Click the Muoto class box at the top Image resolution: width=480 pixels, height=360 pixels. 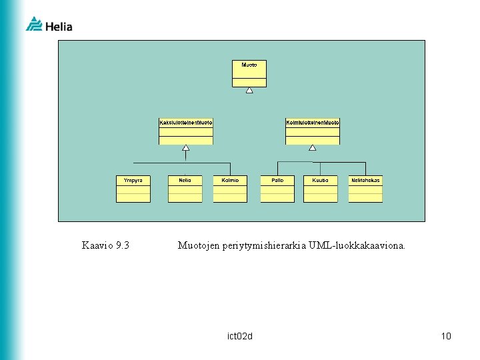249,73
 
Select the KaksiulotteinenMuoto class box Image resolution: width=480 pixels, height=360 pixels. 186,131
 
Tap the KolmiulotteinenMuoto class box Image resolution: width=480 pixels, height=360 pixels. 313,131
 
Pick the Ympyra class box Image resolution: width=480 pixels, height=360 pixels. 133,189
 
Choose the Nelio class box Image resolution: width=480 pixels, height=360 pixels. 185,189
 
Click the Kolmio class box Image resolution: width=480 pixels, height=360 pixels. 230,189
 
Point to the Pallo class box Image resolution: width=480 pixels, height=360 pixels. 277,189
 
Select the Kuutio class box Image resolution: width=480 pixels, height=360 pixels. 321,189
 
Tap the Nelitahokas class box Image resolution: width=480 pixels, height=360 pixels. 365,189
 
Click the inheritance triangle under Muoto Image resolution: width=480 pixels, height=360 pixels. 249,90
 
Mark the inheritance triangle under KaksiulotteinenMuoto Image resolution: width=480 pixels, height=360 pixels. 186,148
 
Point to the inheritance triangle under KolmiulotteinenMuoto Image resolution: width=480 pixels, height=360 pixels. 313,148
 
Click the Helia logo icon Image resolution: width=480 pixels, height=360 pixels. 34,24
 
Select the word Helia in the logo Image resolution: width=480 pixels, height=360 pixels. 59,27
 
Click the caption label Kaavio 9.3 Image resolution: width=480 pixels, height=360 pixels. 105,245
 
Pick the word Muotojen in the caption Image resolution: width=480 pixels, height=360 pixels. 199,245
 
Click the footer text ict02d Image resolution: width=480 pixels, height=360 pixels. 240,336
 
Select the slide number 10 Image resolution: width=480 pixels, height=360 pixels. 446,336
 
